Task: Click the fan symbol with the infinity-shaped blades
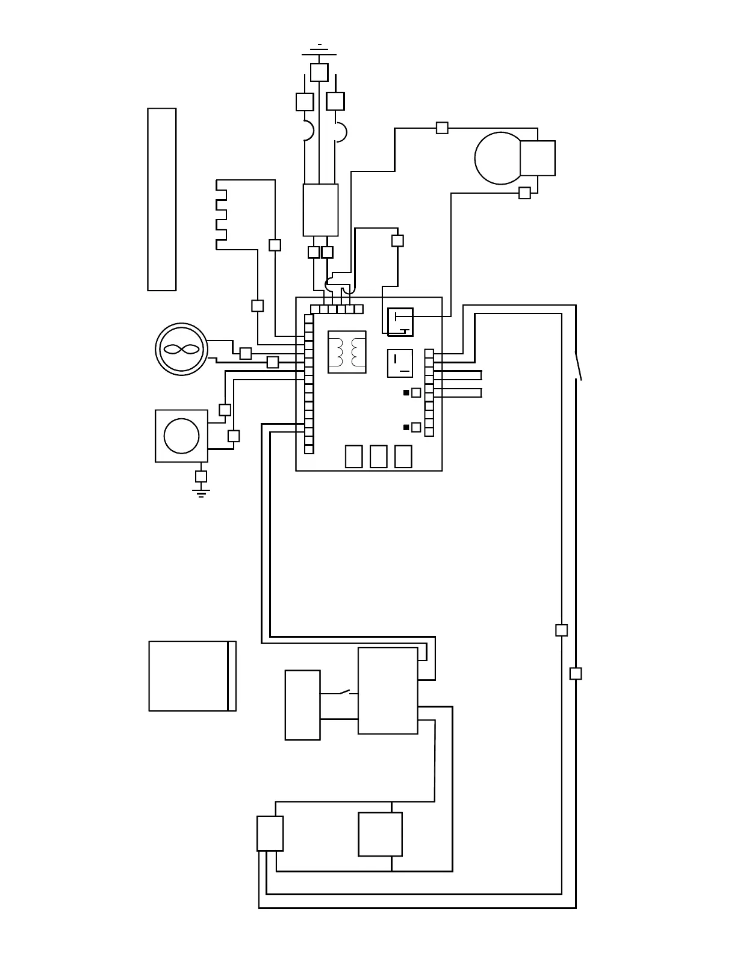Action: tap(181, 349)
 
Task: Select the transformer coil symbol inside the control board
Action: tap(347, 351)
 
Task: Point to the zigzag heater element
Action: tap(221, 214)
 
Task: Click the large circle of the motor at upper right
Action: tap(497, 158)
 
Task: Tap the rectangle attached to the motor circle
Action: tap(538, 158)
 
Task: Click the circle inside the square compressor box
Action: tap(181, 436)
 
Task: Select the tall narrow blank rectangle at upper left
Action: tap(162, 199)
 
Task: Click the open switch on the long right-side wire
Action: tap(578, 366)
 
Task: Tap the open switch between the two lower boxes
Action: tap(345, 692)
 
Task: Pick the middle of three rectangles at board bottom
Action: tap(378, 456)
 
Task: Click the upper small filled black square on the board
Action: tap(406, 393)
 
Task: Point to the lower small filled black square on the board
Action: tap(406, 427)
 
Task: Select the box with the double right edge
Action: tap(192, 676)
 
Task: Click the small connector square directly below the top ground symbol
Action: tap(319, 72)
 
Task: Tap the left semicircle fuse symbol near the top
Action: tap(308, 131)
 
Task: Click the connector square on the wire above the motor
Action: tap(442, 128)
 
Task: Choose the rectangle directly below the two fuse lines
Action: tap(320, 210)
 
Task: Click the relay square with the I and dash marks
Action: tap(400, 363)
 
